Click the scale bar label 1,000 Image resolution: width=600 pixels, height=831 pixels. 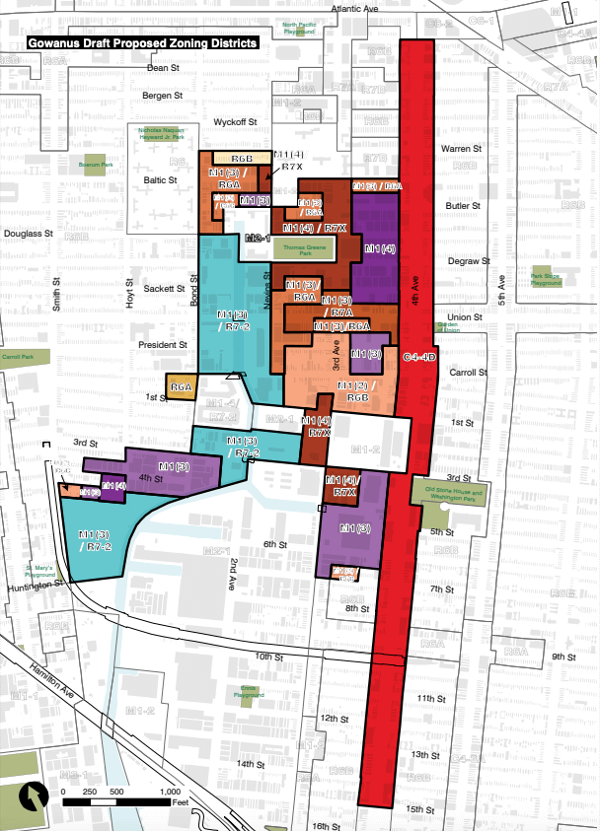pyautogui.click(x=168, y=792)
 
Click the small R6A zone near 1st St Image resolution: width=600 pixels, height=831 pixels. pyautogui.click(x=181, y=388)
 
